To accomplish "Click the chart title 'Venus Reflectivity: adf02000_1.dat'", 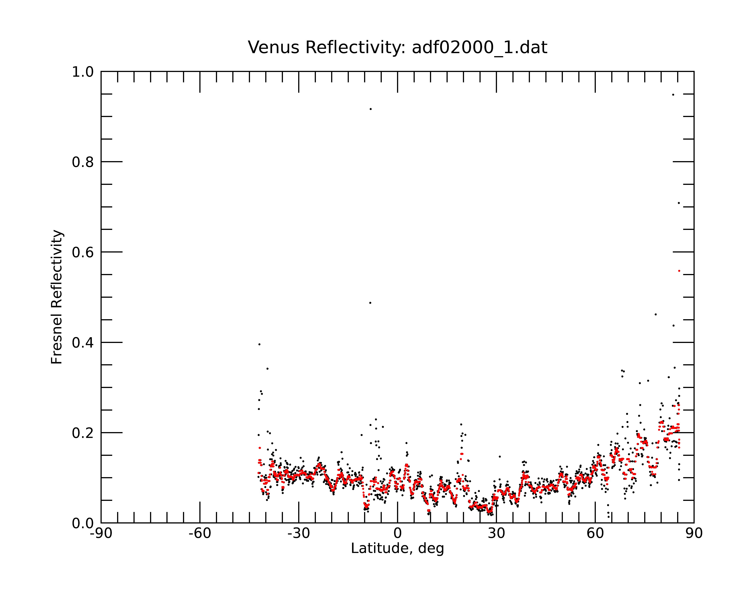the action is (x=397, y=47).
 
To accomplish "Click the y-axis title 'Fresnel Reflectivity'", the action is (x=57, y=297).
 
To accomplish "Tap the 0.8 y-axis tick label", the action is (x=83, y=162).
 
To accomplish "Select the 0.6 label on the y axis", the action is (x=83, y=252).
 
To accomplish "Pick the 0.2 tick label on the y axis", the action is (x=83, y=433).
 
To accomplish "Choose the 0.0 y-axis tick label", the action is (x=83, y=523).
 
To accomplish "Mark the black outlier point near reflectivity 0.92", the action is (x=370, y=109).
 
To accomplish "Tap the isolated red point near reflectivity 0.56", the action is (x=679, y=271).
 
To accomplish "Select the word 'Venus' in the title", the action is (x=274, y=47).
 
